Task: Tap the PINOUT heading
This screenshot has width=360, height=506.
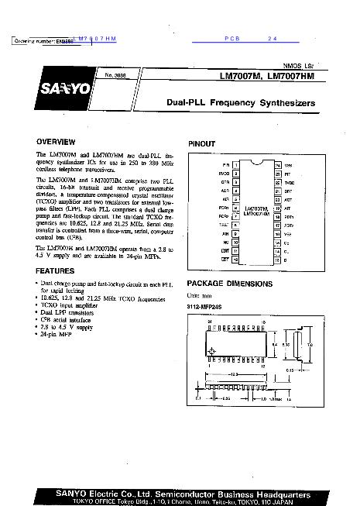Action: tap(202, 144)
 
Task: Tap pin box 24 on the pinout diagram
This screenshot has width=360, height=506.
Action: tap(276, 166)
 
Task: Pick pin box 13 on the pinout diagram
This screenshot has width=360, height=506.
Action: tap(276, 260)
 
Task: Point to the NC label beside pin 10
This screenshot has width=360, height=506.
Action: tap(225, 243)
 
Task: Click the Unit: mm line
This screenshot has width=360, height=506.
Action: tap(199, 295)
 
